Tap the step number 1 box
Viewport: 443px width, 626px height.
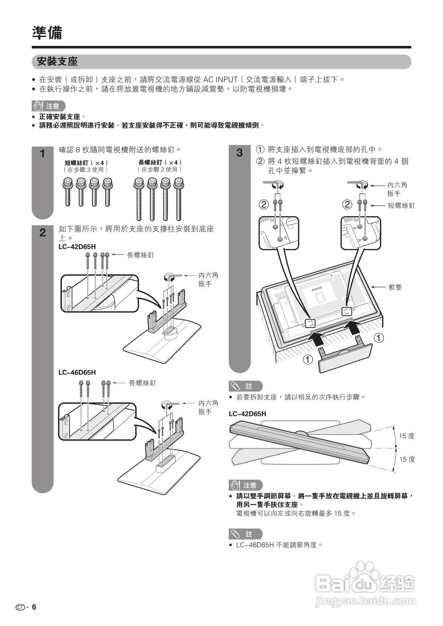42,154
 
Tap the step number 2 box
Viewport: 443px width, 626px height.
42,233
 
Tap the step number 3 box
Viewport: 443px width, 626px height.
239,153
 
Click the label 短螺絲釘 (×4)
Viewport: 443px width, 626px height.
86,162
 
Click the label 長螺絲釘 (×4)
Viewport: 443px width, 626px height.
160,162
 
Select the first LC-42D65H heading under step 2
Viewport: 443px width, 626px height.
77,246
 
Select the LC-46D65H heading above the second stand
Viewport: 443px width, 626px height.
77,372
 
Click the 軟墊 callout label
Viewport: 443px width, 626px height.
396,287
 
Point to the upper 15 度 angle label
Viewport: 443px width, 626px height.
406,436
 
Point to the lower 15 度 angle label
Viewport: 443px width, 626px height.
406,459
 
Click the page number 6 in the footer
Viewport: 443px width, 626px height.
34,607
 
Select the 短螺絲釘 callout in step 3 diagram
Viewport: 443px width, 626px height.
401,205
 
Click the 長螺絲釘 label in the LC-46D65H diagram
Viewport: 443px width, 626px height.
142,383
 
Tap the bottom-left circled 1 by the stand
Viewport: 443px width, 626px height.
307,360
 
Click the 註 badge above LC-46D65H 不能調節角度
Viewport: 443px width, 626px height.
245,534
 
